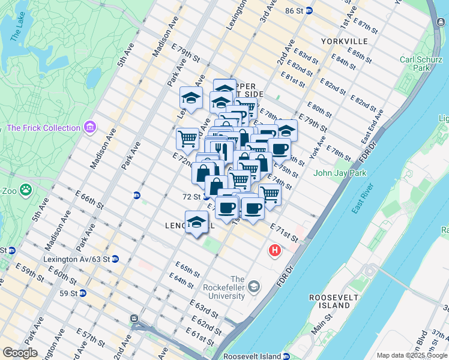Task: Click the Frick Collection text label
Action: (x=43, y=128)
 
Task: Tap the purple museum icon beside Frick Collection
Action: (x=90, y=127)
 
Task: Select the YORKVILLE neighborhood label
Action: (x=344, y=41)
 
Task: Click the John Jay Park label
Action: (x=339, y=173)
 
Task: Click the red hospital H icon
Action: (x=275, y=250)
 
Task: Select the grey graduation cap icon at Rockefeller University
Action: (x=255, y=286)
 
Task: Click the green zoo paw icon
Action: (x=26, y=191)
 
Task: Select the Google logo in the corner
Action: (x=20, y=353)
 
